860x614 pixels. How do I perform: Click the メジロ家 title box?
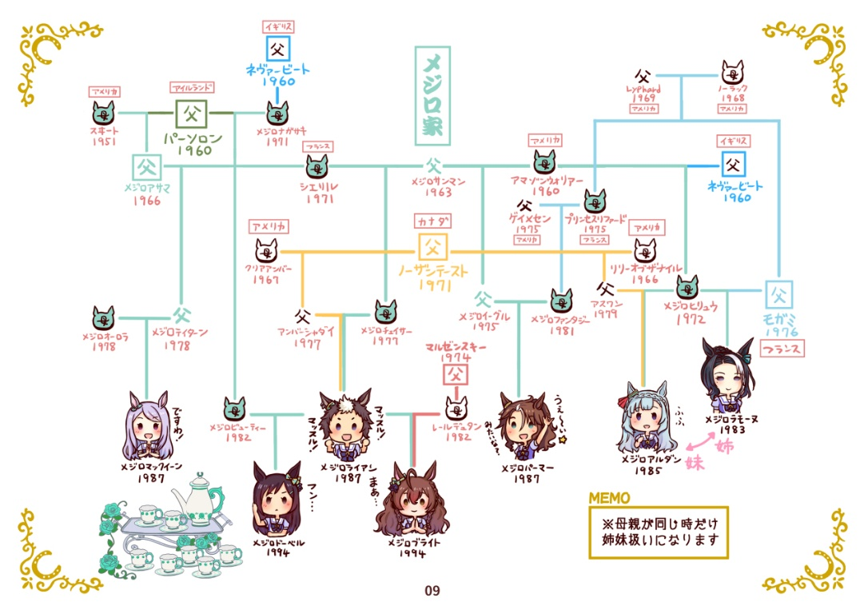click(432, 95)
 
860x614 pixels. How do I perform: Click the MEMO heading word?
click(609, 498)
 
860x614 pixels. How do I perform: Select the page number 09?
click(432, 592)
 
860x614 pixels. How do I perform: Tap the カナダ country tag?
click(432, 220)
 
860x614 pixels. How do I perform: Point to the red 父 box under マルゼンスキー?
click(455, 374)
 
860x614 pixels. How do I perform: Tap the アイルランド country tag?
click(190, 87)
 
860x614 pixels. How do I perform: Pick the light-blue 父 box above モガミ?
click(778, 295)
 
